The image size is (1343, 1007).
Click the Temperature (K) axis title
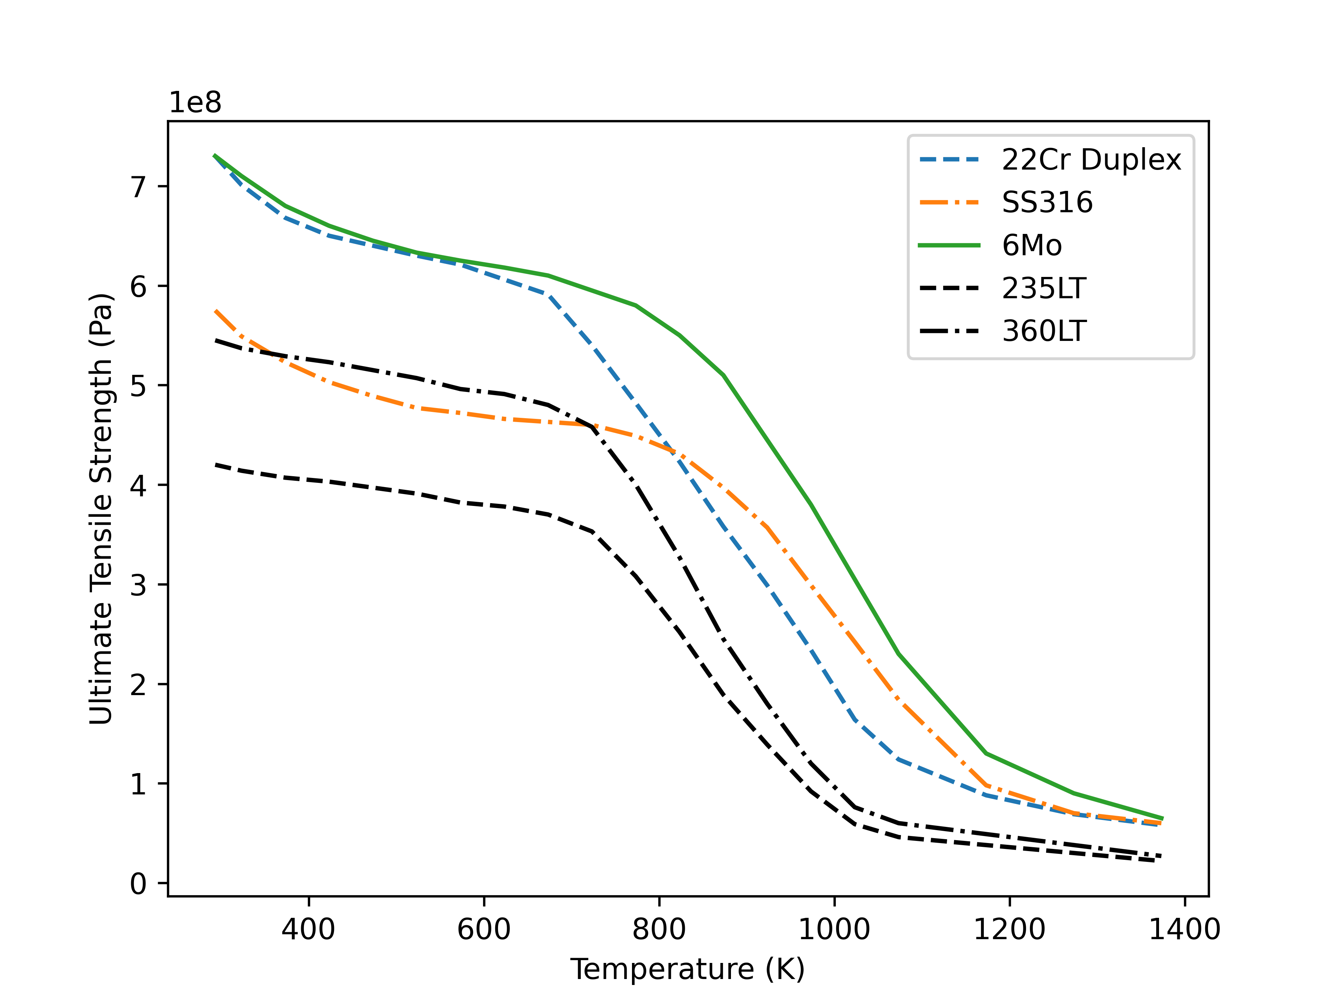687,969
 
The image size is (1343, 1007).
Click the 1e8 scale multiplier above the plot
195,103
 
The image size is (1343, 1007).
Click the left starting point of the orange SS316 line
215,311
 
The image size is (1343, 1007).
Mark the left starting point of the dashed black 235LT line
215,465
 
